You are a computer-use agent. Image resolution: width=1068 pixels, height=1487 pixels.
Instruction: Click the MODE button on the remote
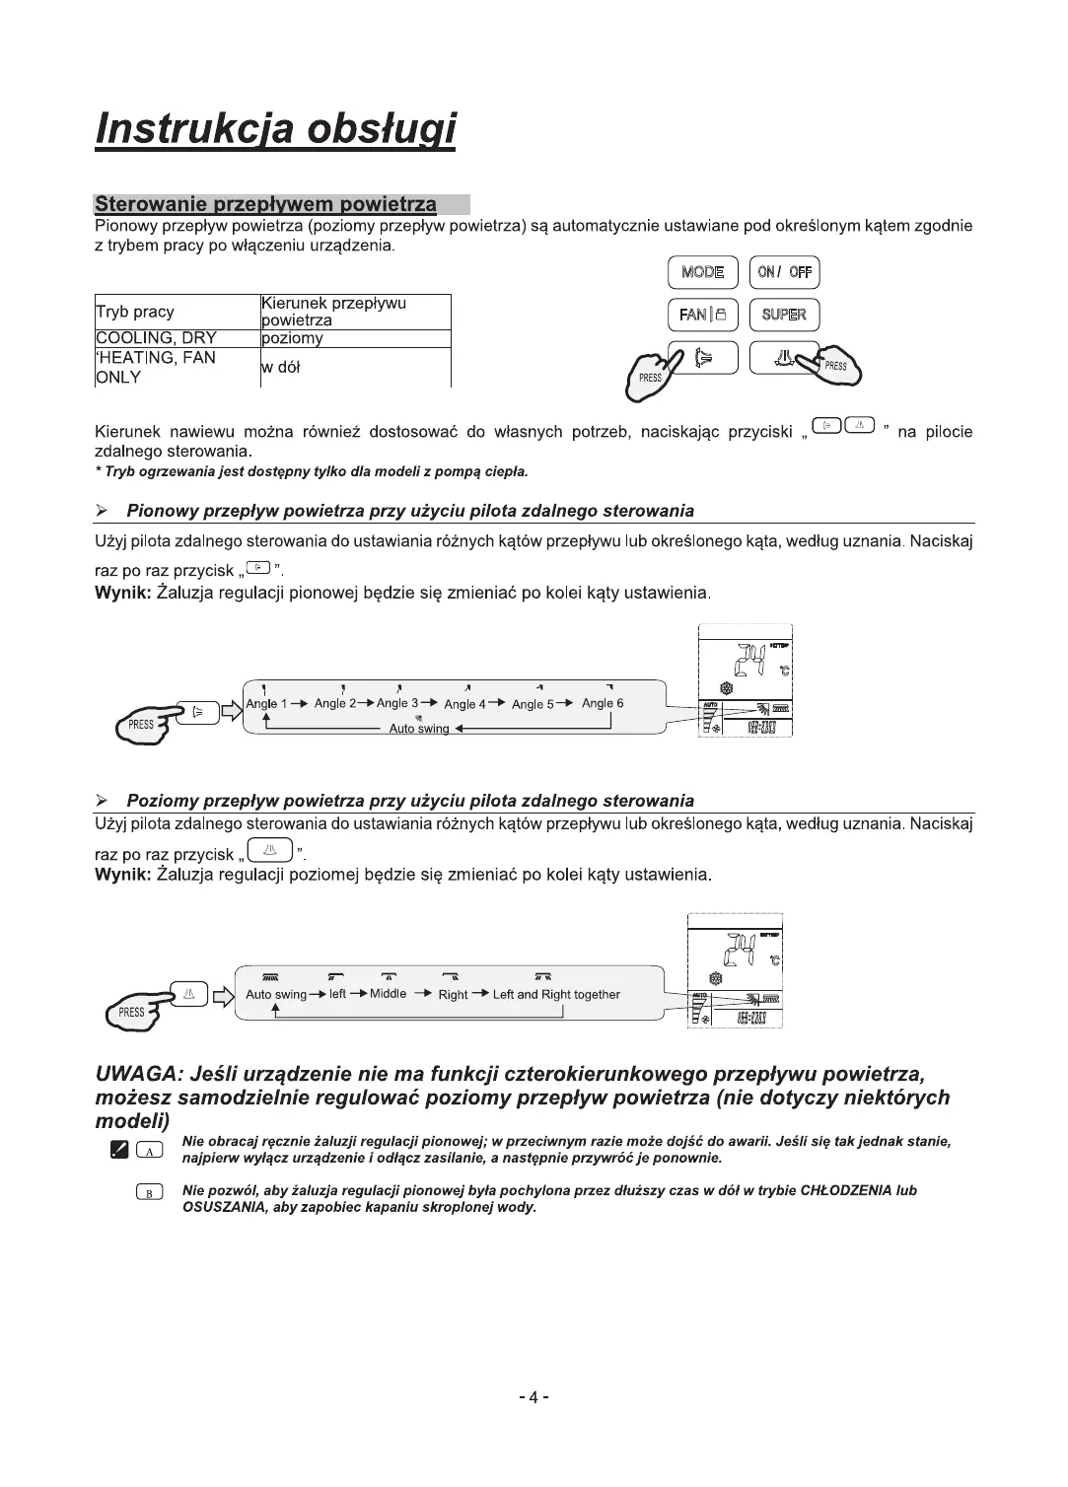tap(702, 272)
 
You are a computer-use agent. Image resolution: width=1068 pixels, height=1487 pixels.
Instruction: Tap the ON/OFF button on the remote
tap(784, 272)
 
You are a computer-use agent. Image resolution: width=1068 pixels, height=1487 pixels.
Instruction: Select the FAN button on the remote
tap(701, 315)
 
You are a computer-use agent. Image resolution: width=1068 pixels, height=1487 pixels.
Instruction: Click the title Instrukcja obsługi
tap(275, 129)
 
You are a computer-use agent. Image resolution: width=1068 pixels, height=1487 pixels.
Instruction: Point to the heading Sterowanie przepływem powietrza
tap(265, 204)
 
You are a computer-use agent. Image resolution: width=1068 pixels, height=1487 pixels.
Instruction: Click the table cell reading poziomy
tap(293, 338)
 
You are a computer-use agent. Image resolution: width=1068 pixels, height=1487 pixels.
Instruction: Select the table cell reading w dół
tap(281, 367)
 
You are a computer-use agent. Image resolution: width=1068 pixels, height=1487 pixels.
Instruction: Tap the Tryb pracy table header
tap(135, 312)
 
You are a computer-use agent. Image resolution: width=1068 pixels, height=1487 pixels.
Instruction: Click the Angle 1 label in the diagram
tap(266, 703)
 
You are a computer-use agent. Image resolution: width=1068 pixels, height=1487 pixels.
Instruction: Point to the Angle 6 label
tap(603, 703)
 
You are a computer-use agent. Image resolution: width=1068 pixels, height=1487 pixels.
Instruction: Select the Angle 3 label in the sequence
tap(397, 703)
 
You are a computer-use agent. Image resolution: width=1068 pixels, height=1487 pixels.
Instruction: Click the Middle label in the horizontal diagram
tap(388, 994)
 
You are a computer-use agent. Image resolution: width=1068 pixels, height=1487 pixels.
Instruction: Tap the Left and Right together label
tap(556, 995)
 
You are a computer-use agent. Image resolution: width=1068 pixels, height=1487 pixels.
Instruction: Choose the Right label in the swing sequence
tap(453, 995)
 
